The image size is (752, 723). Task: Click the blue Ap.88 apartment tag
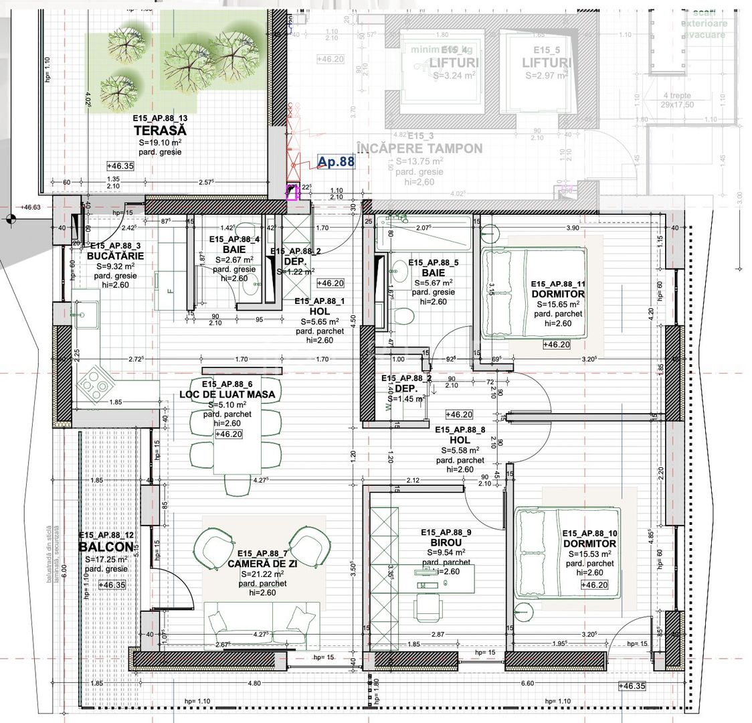(336, 161)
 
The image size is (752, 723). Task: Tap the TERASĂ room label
(160, 131)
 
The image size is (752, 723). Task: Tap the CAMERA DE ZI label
(262, 563)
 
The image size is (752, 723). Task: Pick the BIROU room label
(446, 542)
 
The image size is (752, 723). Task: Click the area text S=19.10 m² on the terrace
(160, 143)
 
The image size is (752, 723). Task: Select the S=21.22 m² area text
(262, 574)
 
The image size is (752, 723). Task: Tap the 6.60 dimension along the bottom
(527, 683)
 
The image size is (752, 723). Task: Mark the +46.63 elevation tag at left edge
(30, 208)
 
